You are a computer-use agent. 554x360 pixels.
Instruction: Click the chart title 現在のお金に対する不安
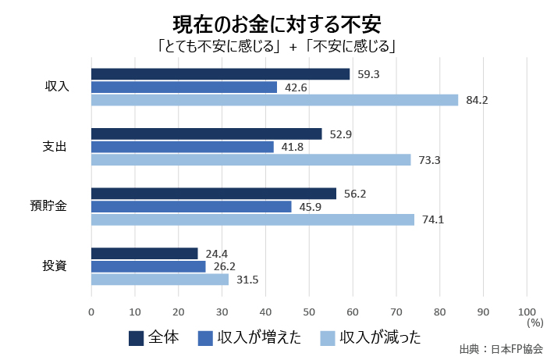click(x=276, y=21)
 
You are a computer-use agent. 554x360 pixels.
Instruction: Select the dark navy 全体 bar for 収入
click(x=220, y=74)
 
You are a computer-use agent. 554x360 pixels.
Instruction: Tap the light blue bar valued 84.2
click(x=275, y=100)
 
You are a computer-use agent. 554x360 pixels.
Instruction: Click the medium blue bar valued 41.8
click(x=183, y=147)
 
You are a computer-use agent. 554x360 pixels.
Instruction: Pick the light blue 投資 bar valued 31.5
click(x=160, y=280)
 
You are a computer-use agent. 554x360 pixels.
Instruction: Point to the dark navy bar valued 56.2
click(x=214, y=194)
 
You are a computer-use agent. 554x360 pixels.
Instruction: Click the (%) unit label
click(x=534, y=323)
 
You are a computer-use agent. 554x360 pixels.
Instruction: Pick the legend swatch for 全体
click(x=136, y=337)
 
